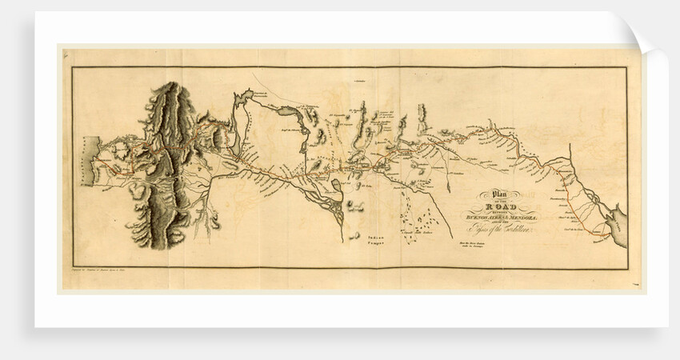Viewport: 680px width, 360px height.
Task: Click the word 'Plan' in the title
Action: pos(500,192)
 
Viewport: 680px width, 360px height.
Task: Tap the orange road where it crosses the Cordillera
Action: pos(168,152)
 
